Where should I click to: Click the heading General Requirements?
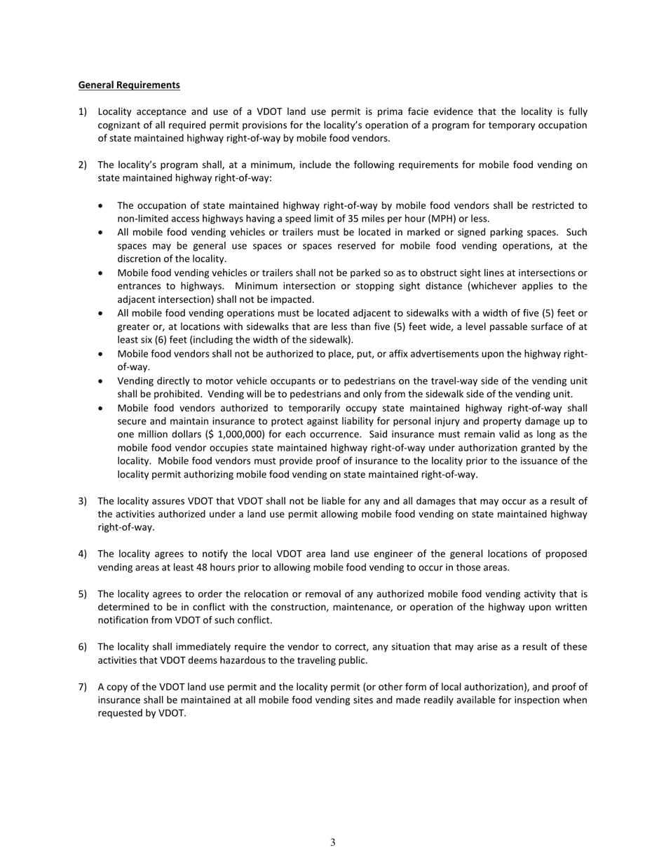pyautogui.click(x=129, y=85)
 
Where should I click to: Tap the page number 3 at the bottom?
pyautogui.click(x=333, y=842)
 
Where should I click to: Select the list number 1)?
pyautogui.click(x=83, y=112)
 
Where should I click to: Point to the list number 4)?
pyautogui.click(x=83, y=554)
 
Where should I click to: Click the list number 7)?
pyautogui.click(x=83, y=687)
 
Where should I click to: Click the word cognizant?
pyautogui.click(x=120, y=125)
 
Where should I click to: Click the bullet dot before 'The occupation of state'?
pyautogui.click(x=102, y=205)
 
